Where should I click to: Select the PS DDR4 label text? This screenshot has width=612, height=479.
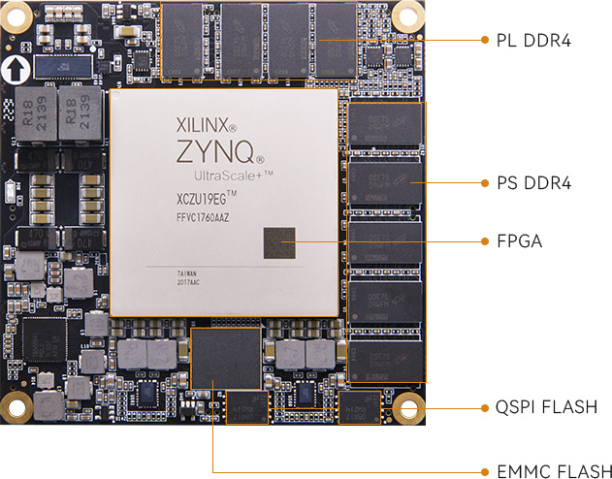pyautogui.click(x=534, y=182)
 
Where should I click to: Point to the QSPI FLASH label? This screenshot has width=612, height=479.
pyautogui.click(x=545, y=406)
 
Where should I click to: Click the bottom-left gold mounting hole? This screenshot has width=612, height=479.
pyautogui.click(x=16, y=407)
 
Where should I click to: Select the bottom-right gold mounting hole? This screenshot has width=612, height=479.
pyautogui.click(x=406, y=406)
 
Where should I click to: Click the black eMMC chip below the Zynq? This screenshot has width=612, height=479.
pyautogui.click(x=227, y=358)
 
